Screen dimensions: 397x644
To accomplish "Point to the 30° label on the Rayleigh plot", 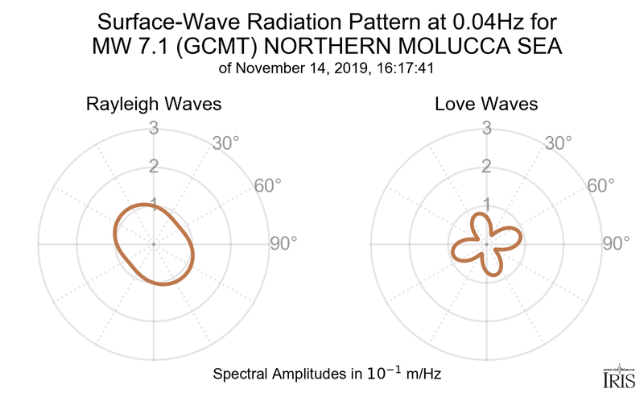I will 226,144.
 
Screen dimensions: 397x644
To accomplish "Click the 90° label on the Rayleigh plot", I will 283,243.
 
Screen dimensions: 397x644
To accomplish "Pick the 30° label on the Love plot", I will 558,144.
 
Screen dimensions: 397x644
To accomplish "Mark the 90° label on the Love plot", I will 616,243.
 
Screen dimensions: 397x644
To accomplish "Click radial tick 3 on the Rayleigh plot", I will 152,128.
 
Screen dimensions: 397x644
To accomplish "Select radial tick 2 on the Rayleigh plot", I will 152,167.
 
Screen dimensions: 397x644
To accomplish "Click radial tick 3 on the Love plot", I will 486,128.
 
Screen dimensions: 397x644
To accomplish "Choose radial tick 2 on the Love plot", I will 486,167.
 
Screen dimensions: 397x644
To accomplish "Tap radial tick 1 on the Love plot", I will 486,204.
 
